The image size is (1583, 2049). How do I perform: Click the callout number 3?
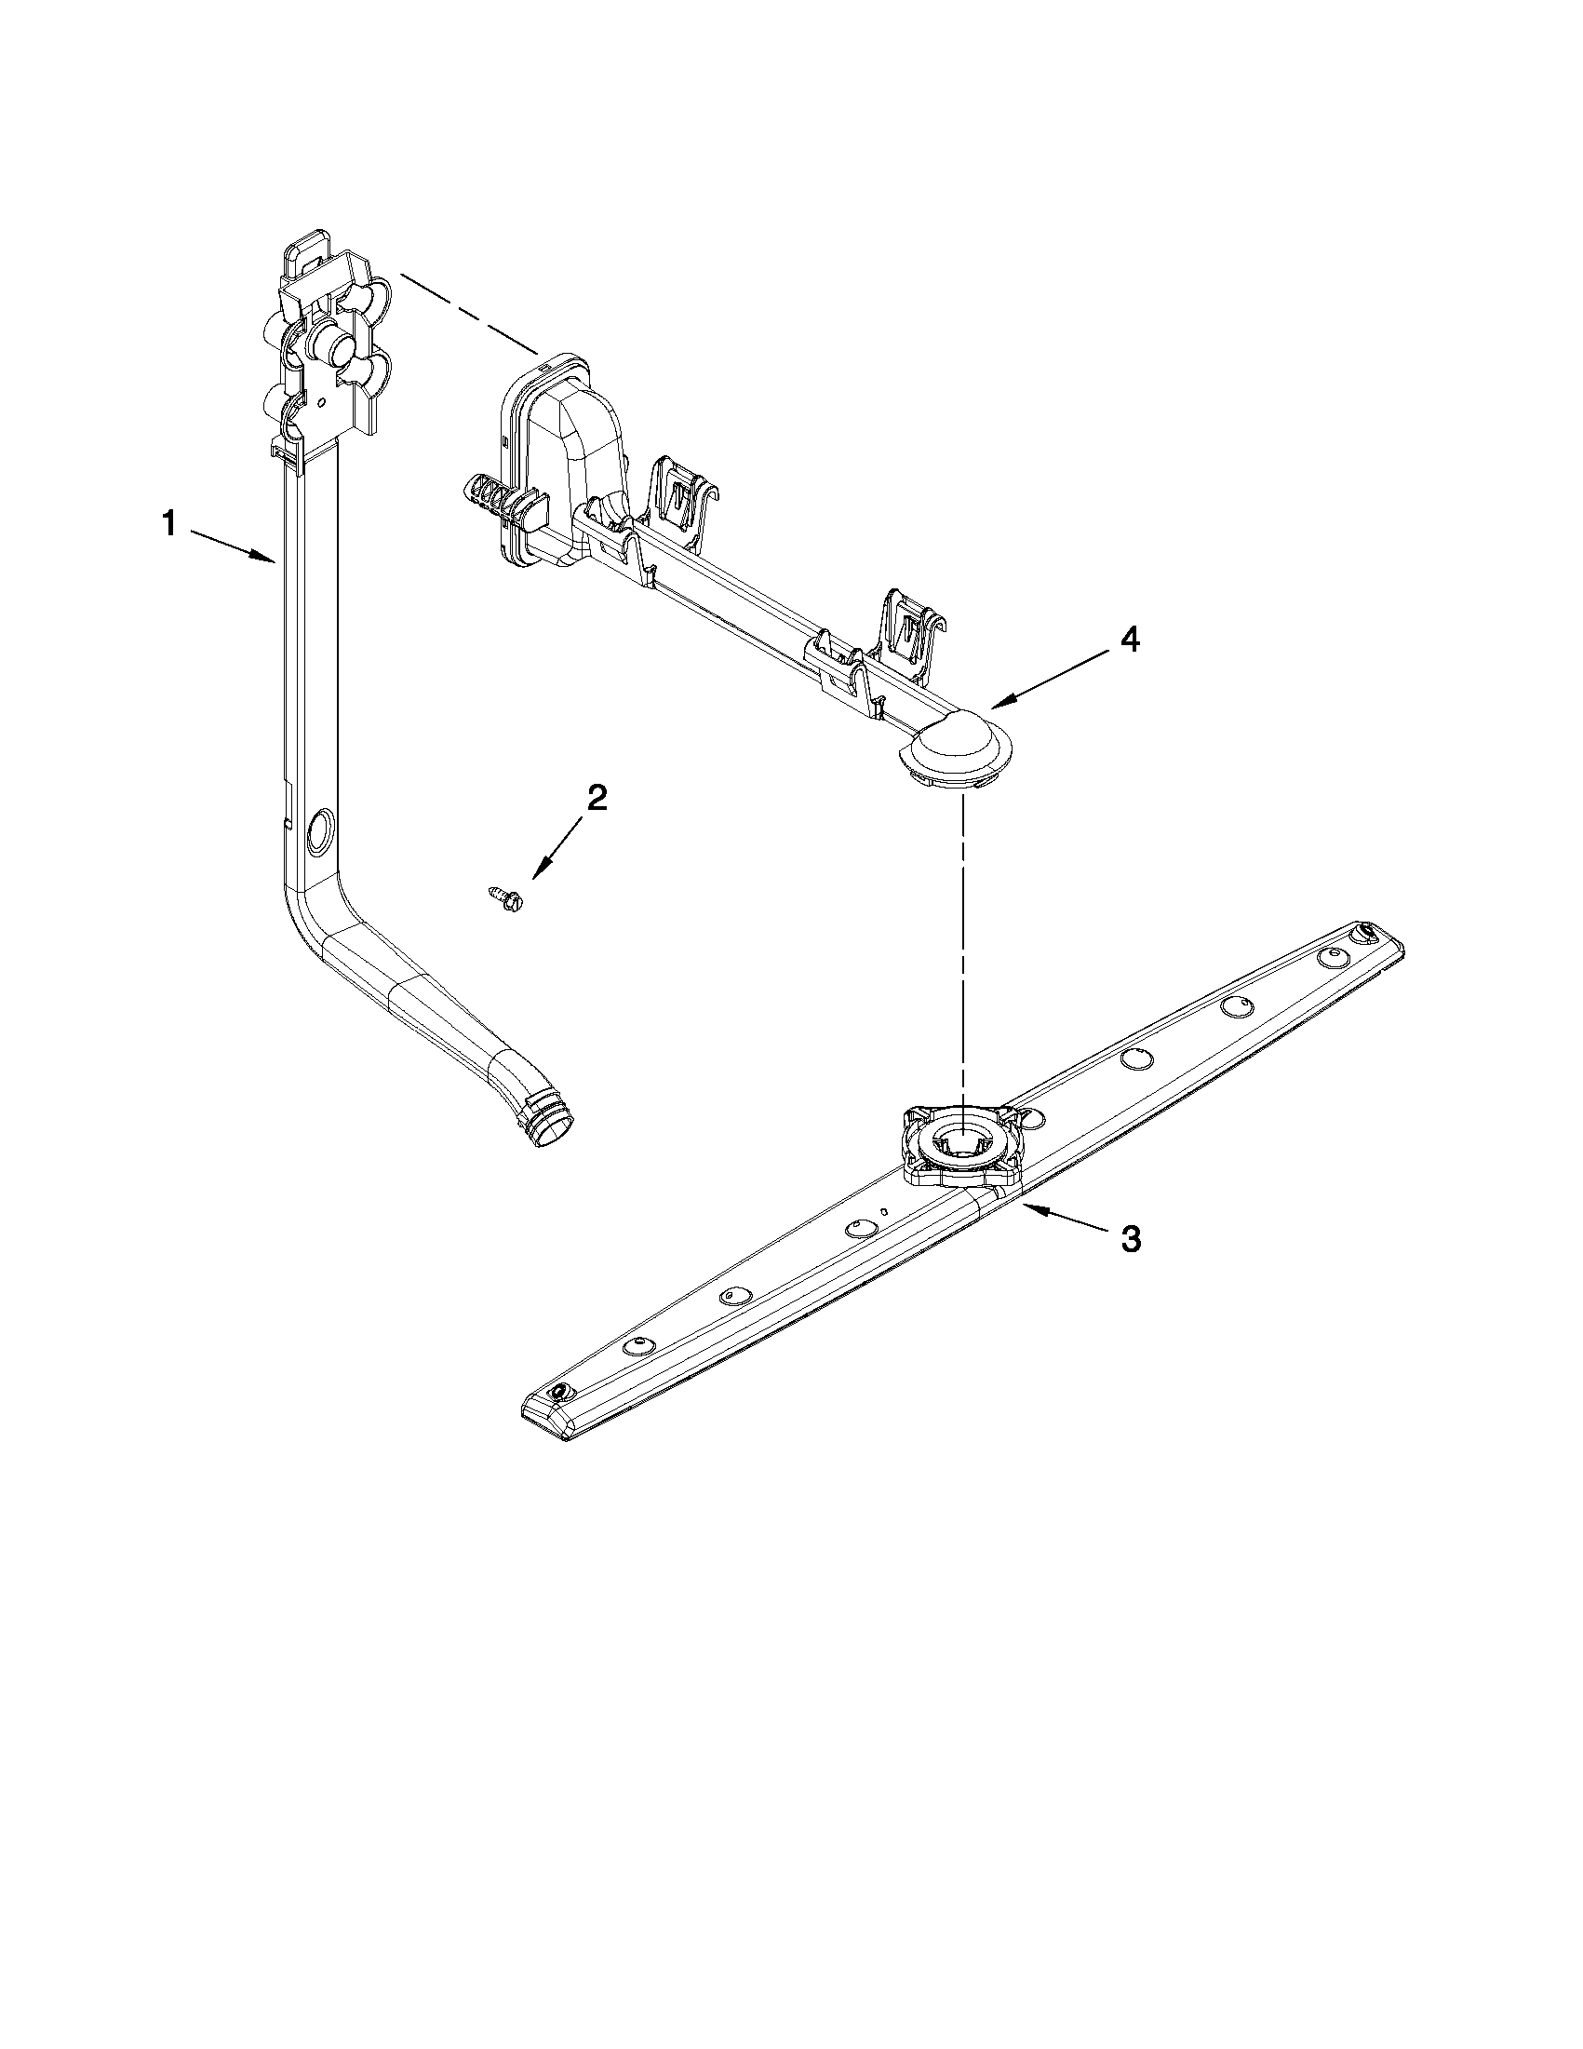pos(1132,1239)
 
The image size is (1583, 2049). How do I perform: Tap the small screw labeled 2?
pos(507,896)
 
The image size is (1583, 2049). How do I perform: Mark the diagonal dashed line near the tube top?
pos(469,314)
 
